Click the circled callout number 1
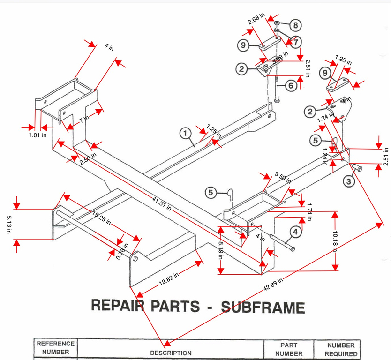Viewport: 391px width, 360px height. click(x=186, y=134)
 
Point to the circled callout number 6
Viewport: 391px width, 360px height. click(x=290, y=85)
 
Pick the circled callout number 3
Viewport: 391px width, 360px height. click(x=348, y=181)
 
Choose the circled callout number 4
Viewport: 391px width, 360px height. click(x=295, y=231)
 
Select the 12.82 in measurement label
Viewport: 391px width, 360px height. click(x=169, y=279)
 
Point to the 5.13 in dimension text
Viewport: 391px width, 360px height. click(x=9, y=223)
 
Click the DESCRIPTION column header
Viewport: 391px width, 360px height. click(x=171, y=353)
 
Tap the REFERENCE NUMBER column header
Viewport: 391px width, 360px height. click(x=55, y=348)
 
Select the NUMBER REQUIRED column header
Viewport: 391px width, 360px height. click(x=341, y=349)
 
